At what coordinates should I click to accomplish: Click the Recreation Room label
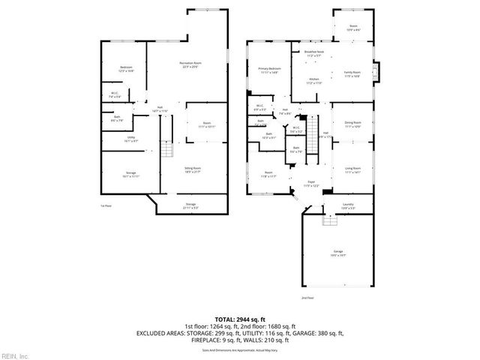[190, 64]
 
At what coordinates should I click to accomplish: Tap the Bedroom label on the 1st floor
[126, 68]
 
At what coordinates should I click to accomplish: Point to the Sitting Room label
[193, 170]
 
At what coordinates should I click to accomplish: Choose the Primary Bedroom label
[269, 69]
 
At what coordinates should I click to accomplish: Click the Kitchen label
[314, 80]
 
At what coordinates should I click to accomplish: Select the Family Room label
[352, 73]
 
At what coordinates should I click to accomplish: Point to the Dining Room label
[352, 124]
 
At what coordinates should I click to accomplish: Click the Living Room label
[352, 170]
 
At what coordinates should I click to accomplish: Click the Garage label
[338, 253]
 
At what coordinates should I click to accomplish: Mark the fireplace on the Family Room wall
[377, 73]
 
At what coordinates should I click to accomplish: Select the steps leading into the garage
[327, 220]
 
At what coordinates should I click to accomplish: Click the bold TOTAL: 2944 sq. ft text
[239, 319]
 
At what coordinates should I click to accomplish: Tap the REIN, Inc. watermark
[14, 355]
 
